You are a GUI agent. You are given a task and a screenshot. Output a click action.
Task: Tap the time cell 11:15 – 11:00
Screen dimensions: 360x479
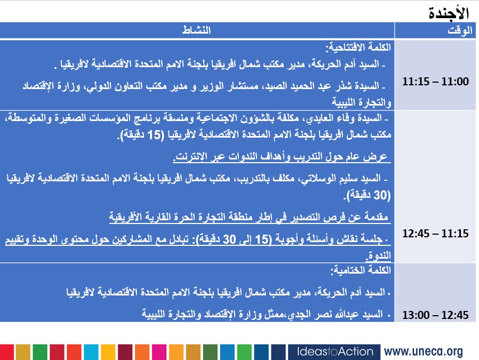pyautogui.click(x=435, y=82)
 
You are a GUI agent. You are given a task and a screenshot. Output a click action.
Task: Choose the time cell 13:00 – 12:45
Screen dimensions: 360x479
pyautogui.click(x=435, y=315)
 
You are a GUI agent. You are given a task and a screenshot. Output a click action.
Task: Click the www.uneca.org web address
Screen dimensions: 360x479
pyautogui.click(x=423, y=351)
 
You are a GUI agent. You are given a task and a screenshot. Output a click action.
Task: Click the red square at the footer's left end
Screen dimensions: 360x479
pyautogui.click(x=6, y=351)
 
